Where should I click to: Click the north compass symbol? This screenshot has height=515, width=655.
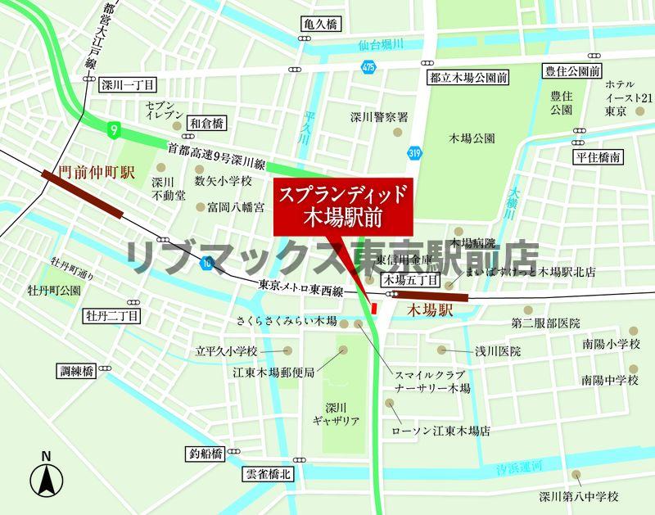(x=47, y=477)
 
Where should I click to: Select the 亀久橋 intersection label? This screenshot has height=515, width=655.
(x=319, y=25)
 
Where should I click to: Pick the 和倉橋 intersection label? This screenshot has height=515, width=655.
(x=206, y=123)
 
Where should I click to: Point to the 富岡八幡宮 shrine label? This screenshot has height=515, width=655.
(x=236, y=207)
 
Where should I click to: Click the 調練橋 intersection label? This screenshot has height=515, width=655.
(x=78, y=370)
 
